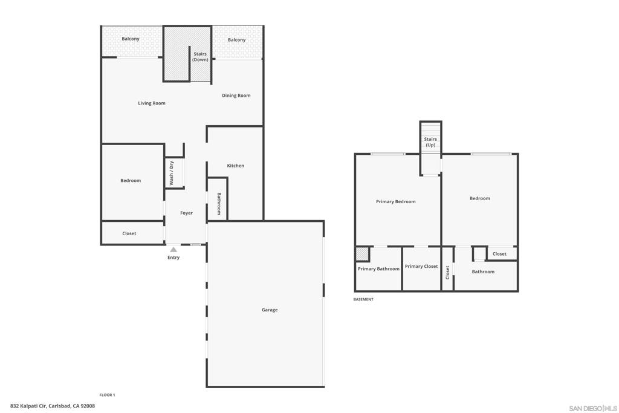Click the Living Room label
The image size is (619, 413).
point(151,103)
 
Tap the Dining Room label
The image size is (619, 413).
point(236,96)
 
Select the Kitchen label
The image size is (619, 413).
point(235,166)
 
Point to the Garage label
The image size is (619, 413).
point(270,310)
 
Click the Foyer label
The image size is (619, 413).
point(186,213)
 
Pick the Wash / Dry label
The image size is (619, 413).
point(172,173)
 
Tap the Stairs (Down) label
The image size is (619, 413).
point(200,57)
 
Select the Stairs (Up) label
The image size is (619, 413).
point(430,142)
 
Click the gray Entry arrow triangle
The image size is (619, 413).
point(173,249)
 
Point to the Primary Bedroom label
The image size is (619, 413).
point(395,202)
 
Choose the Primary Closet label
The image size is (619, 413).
point(421,267)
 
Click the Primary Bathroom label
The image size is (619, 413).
point(378,269)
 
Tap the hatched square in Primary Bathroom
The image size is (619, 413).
point(362,254)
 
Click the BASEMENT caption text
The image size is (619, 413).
point(363,299)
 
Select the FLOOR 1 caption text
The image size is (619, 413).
point(107,395)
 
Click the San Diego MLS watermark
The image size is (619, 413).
point(592,408)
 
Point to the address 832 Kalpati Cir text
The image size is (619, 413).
point(53,406)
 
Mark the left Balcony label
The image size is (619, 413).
point(131,39)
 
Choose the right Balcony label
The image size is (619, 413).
point(236,40)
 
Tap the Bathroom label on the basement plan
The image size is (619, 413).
point(483,272)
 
